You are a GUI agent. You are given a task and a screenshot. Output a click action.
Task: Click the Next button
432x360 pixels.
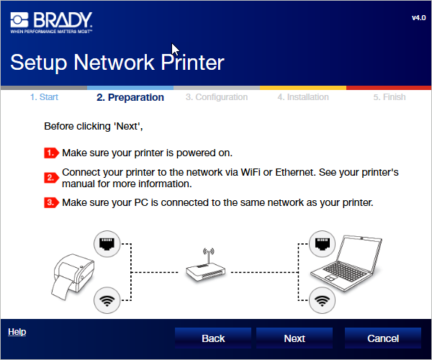click(294, 338)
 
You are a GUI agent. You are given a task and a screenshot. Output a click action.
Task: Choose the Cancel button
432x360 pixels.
click(383, 338)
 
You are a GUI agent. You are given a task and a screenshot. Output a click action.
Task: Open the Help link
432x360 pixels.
click(17, 332)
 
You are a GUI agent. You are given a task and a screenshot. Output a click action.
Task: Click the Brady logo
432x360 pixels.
click(51, 22)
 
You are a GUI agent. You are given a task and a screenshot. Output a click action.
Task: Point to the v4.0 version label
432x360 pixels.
click(419, 18)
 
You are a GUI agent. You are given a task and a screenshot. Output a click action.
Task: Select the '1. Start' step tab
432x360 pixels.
click(44, 97)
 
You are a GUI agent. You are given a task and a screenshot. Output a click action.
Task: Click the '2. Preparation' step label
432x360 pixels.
click(130, 97)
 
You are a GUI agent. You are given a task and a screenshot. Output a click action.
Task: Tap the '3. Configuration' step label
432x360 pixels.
click(217, 97)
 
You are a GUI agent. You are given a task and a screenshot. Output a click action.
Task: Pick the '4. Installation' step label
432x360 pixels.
click(303, 97)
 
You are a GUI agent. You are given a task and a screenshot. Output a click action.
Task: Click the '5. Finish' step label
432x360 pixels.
click(390, 97)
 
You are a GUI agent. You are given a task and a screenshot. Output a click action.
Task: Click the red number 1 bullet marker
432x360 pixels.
click(52, 153)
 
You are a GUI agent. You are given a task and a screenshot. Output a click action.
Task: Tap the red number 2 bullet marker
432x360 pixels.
click(52, 178)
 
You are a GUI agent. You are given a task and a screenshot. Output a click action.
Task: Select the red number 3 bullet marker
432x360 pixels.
click(52, 202)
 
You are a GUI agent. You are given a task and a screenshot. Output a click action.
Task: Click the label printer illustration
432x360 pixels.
click(73, 276)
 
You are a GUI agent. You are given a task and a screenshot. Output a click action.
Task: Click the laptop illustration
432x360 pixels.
click(346, 263)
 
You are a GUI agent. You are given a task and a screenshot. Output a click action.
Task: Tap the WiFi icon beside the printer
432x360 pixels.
click(107, 300)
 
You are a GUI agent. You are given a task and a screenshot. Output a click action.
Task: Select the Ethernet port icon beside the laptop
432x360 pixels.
click(322, 244)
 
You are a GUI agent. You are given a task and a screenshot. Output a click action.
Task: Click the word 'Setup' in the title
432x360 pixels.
click(39, 63)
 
